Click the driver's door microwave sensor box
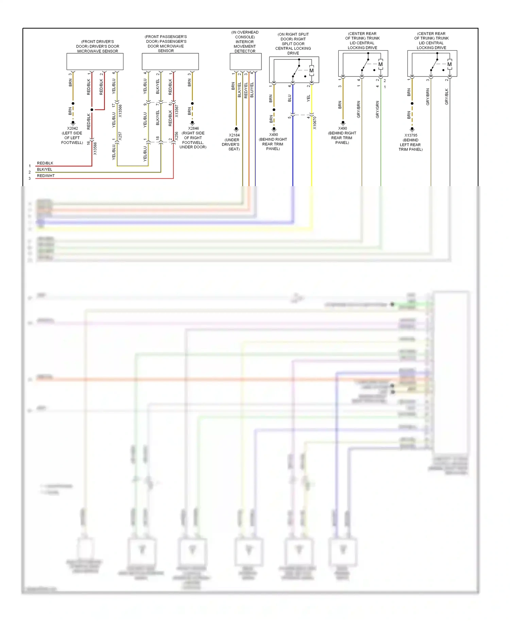95,61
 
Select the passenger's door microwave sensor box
170,61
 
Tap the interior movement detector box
245,61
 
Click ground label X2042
72,128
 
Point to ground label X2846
193,128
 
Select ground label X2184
234,135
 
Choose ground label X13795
411,135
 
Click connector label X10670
315,123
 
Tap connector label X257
120,136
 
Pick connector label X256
176,136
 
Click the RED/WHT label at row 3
46,176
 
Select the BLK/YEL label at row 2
45,170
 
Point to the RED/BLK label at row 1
45,163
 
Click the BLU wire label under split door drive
290,98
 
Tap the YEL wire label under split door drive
308,98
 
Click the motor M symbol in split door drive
311,71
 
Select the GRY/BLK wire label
447,96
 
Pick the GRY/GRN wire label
377,109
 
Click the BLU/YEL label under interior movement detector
252,90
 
